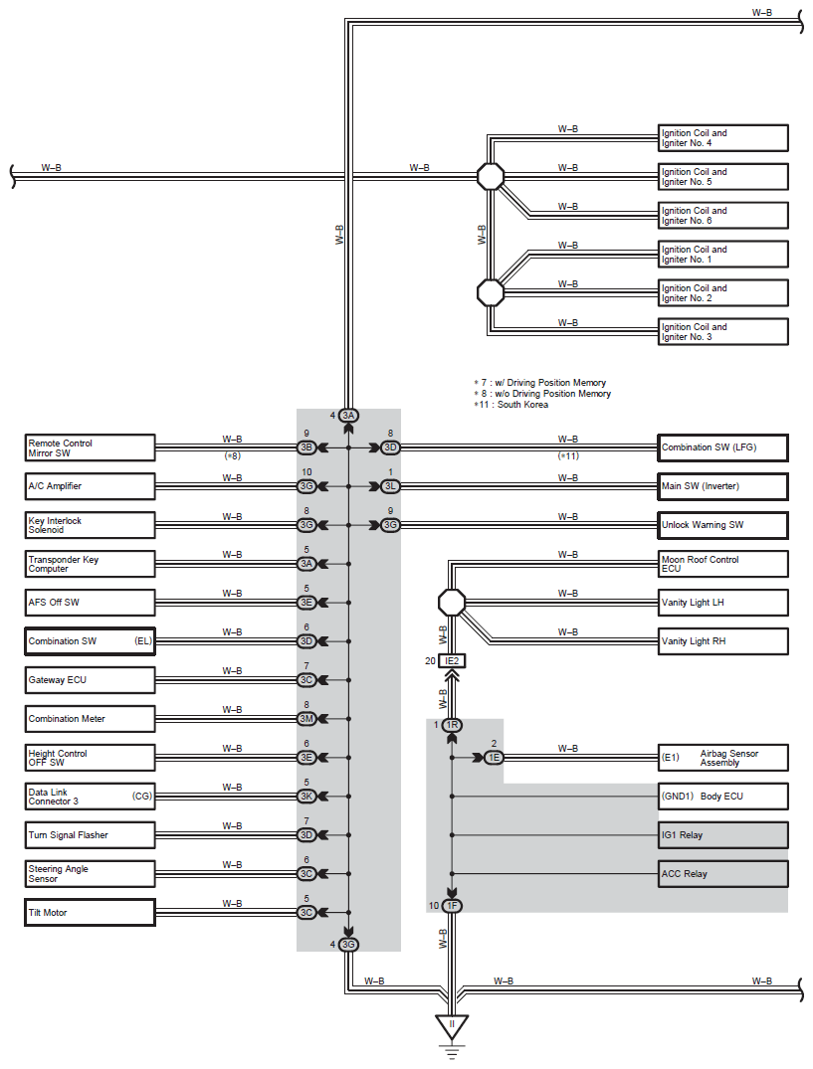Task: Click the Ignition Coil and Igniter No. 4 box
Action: click(x=723, y=137)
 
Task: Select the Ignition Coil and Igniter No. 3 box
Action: click(x=723, y=331)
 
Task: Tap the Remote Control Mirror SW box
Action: click(x=90, y=447)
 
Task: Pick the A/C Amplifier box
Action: click(x=90, y=486)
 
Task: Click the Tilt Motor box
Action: click(x=90, y=912)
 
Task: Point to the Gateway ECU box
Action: click(x=90, y=680)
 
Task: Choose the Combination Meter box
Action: click(x=90, y=719)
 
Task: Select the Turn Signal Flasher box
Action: click(x=90, y=835)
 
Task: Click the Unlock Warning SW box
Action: click(x=723, y=525)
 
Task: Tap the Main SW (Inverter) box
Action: click(x=723, y=486)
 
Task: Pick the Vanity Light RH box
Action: click(x=723, y=640)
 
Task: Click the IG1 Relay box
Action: click(x=723, y=835)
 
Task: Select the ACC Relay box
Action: click(x=723, y=874)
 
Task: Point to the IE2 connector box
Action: click(x=452, y=660)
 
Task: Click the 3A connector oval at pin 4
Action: click(x=348, y=416)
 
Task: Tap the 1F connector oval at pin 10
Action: click(x=452, y=905)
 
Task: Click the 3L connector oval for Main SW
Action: click(x=390, y=486)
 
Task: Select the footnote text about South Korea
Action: click(x=510, y=405)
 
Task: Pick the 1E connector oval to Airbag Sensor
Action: click(x=494, y=758)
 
